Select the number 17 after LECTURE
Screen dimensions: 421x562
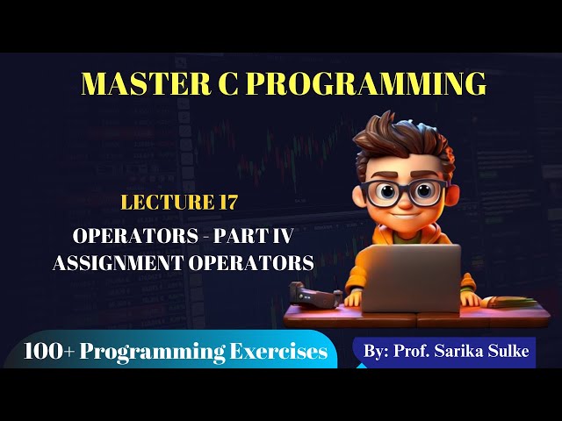225,203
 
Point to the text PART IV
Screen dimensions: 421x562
271,237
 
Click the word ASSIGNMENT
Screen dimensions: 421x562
127,262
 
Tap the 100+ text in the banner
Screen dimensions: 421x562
48,353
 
